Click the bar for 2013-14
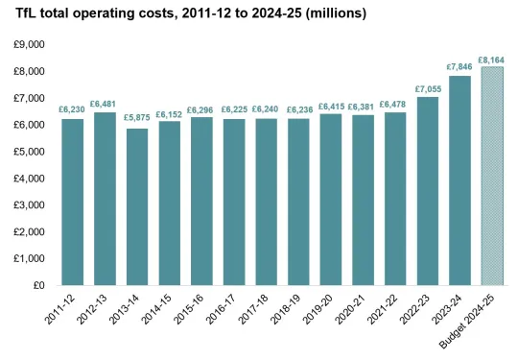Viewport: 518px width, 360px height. [137, 206]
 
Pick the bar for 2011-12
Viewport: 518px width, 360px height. [73, 202]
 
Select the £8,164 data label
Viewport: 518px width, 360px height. [494, 59]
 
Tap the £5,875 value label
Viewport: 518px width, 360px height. [137, 119]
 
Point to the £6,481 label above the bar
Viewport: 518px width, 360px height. [106, 103]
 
